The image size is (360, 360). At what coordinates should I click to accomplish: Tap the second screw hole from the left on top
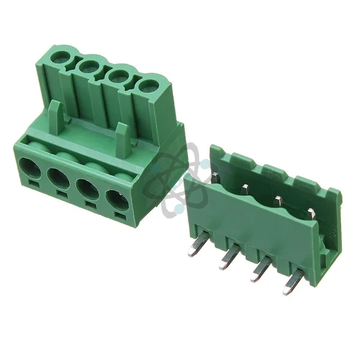pos(89,65)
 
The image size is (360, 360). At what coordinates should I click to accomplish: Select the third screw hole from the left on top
pos(118,76)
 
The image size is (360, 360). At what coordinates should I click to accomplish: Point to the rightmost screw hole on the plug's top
pos(146,85)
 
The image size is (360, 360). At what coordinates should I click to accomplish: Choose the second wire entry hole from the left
pos(59,178)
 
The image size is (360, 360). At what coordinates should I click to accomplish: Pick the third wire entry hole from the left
pos(88,188)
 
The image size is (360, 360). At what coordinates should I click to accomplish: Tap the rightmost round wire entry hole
pos(118,200)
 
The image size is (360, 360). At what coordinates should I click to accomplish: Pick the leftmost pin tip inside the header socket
pos(215,176)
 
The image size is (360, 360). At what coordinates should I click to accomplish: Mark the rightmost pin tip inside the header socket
pos(311,212)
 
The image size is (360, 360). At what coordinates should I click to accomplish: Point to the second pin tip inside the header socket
pos(245,188)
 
